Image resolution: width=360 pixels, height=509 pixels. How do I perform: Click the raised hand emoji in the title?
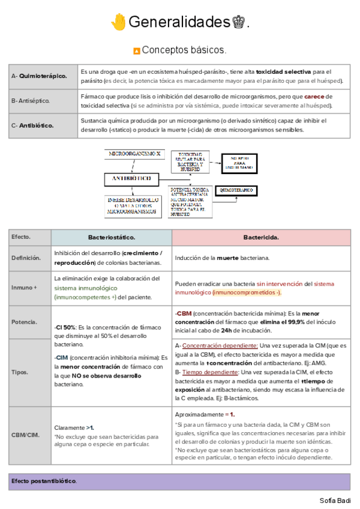tap(118, 22)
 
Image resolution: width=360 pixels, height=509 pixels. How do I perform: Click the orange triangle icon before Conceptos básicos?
tap(136, 50)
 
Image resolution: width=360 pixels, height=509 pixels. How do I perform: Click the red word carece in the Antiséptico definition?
tap(314, 96)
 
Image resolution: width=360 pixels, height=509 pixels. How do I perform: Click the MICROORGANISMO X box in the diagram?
tap(135, 154)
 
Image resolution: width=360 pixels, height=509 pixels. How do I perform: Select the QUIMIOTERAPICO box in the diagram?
tap(237, 190)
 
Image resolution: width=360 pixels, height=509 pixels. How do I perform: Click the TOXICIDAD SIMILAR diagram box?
tap(190, 161)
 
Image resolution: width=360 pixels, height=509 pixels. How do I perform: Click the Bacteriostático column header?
tap(112, 237)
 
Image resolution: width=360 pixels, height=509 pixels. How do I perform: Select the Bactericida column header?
tap(261, 237)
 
